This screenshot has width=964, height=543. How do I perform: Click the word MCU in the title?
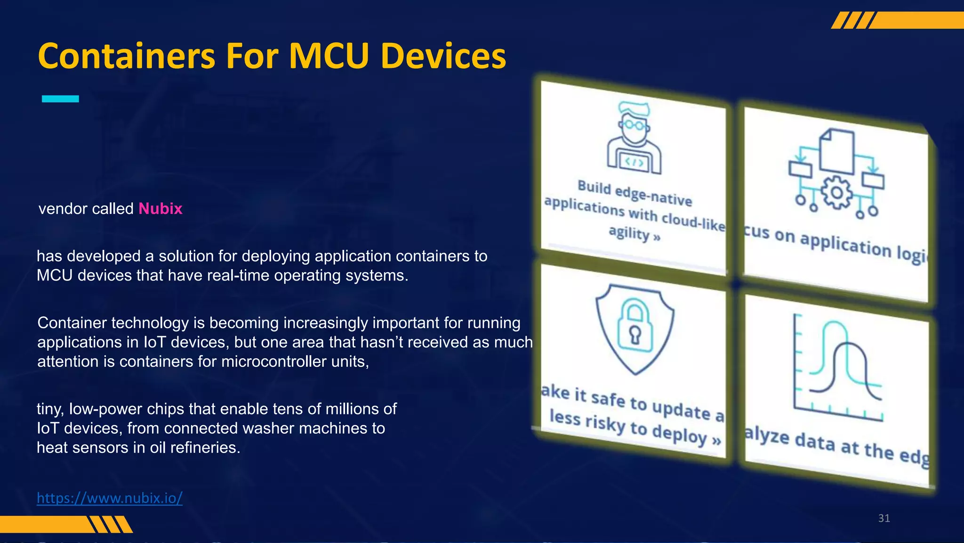[329, 56]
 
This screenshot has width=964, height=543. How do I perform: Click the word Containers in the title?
[126, 56]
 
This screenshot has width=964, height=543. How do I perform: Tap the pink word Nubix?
[160, 208]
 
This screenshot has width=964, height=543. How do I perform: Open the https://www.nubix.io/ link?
[110, 498]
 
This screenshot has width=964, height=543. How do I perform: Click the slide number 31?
[884, 518]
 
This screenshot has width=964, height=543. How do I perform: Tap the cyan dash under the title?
[60, 99]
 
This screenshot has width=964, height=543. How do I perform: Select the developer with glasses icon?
[634, 139]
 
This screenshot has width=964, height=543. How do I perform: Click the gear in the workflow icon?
[836, 193]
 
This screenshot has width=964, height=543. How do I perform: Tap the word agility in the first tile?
[629, 232]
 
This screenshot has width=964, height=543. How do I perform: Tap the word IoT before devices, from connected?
[48, 428]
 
